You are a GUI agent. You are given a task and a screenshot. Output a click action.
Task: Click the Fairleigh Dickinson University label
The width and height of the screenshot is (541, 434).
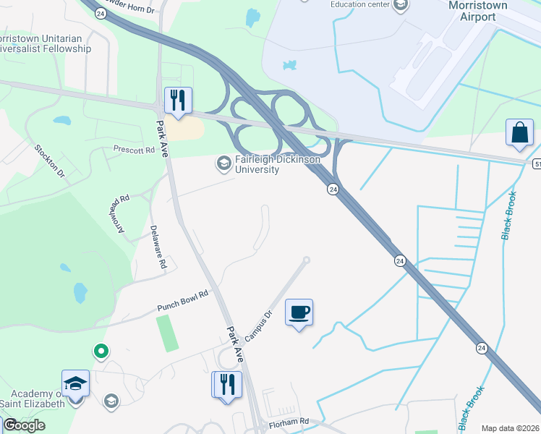pos(257,165)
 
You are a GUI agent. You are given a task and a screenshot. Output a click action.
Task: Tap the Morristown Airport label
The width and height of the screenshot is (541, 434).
pos(478,11)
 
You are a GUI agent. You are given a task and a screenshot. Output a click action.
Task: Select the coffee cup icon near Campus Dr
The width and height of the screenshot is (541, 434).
pos(299,312)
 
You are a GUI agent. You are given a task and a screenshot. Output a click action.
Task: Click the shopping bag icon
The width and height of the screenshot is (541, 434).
pos(519,132)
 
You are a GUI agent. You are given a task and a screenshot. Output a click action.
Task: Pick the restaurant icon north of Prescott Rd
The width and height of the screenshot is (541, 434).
pos(176,100)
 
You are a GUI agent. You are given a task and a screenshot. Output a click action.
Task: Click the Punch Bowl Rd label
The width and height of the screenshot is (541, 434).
pos(183,301)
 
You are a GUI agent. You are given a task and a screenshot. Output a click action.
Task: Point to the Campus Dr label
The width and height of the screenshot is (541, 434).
pos(257,325)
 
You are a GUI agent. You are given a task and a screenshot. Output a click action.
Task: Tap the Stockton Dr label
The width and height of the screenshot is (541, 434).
pos(50,161)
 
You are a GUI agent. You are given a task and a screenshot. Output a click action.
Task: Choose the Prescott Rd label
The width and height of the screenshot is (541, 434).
pos(135,150)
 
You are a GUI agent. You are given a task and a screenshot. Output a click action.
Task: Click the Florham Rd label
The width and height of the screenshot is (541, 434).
pos(289,421)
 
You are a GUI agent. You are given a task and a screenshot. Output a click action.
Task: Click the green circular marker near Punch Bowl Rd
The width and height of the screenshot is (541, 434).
pos(101,352)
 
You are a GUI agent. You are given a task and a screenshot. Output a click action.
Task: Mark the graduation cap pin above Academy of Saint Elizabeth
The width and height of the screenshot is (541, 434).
pos(75,383)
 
